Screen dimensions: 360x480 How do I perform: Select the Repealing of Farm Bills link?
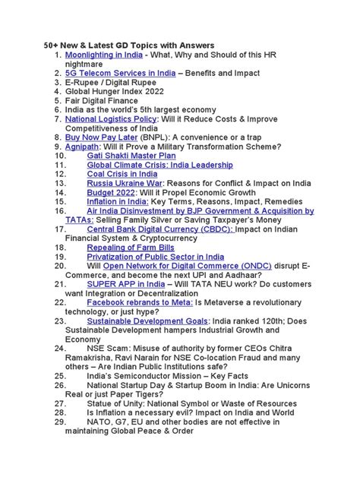(x=130, y=248)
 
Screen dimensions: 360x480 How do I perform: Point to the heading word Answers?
(x=193, y=46)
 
